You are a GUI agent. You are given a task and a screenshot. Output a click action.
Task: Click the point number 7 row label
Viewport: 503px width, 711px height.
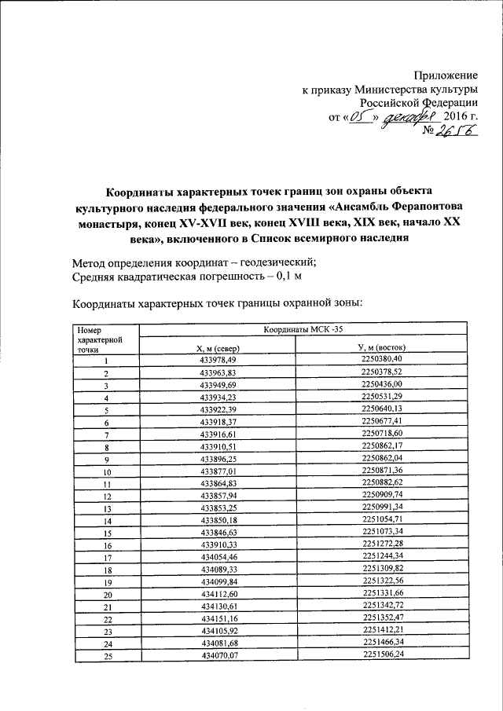coord(105,435)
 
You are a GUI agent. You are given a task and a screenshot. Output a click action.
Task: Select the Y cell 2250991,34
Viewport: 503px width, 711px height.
coord(382,508)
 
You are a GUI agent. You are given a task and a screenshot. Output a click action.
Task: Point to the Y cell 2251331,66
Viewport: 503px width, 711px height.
coord(382,595)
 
